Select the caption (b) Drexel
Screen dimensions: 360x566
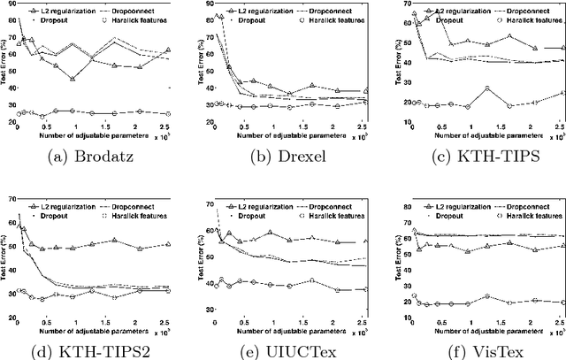[x=283, y=163]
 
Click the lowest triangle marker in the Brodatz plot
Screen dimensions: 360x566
[x=97, y=79]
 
